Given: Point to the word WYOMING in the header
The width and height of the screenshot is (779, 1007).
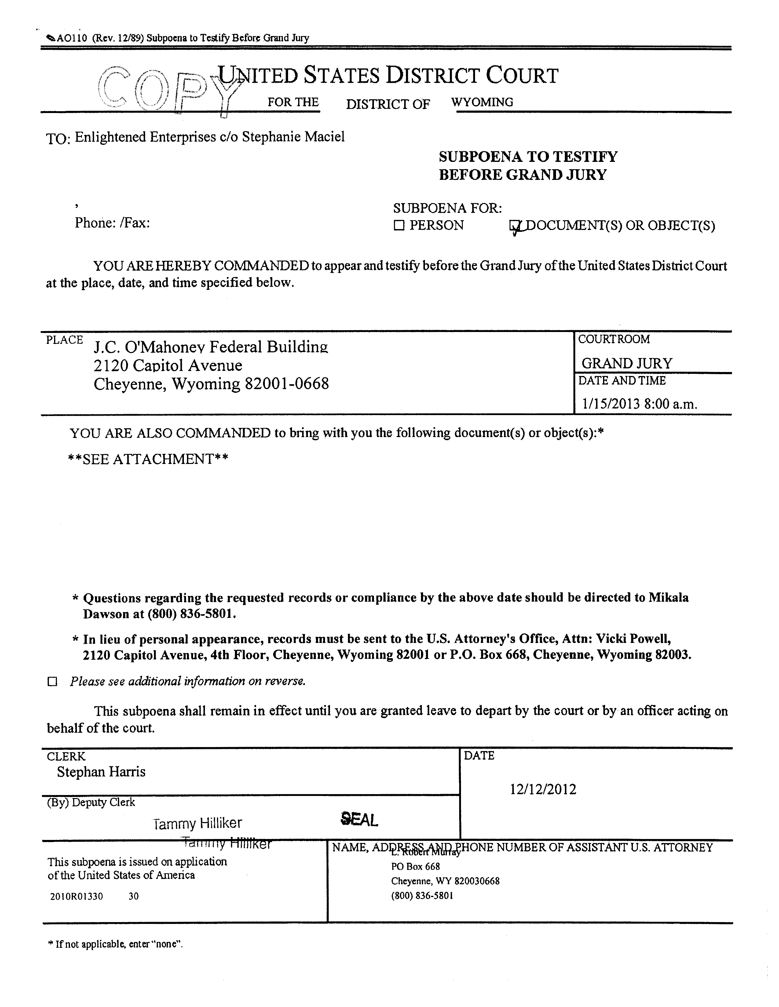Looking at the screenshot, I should coord(482,102).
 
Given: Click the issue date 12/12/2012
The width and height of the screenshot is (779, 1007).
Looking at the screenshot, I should coord(543,789).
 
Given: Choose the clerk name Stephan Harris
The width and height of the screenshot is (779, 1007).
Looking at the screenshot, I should coord(101,772).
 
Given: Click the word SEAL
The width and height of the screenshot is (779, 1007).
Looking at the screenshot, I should coord(359,819).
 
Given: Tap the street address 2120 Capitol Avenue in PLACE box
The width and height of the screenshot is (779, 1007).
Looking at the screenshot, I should coord(168,365).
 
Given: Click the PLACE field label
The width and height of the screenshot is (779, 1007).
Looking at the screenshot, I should coord(64,340).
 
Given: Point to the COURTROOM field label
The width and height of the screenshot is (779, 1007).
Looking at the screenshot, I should coord(614,339).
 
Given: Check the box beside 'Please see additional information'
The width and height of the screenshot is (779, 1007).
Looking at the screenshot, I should coord(53,682).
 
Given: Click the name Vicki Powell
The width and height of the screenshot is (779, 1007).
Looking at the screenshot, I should coord(633,639).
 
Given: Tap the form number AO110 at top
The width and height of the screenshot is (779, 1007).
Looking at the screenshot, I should coord(71,38).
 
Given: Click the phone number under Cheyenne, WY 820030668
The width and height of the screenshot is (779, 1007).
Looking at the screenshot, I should coord(422,896).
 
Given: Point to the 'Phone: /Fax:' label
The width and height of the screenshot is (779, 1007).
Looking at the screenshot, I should coord(112,223).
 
